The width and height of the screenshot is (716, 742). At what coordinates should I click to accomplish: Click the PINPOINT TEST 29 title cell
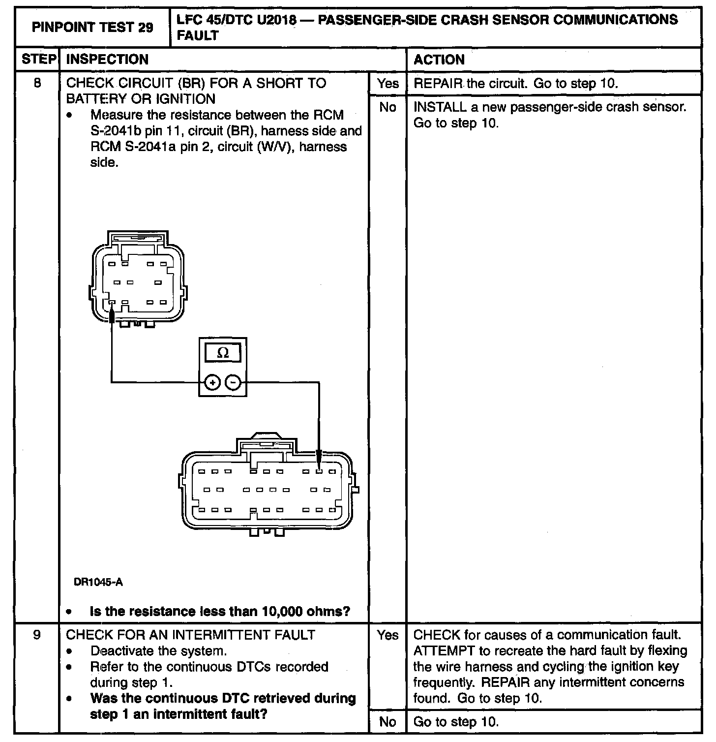click(92, 28)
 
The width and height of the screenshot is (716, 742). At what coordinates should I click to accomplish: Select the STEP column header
click(38, 60)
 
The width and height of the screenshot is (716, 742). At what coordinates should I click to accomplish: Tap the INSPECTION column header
click(107, 60)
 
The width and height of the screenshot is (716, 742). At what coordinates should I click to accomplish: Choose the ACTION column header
click(439, 60)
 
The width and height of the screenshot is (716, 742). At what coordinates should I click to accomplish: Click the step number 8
click(37, 83)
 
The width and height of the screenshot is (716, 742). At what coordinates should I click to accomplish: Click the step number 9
click(37, 635)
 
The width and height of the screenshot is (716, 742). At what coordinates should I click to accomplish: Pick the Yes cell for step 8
click(388, 83)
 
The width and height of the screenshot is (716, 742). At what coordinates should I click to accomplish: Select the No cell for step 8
click(388, 107)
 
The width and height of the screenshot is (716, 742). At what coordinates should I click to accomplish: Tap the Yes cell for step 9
click(388, 635)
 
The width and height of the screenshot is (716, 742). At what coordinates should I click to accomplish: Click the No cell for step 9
click(388, 722)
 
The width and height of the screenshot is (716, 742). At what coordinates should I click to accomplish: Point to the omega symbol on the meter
click(223, 353)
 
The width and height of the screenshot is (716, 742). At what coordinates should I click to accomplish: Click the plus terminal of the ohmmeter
click(212, 382)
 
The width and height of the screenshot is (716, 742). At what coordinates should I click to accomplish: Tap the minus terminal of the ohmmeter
click(233, 382)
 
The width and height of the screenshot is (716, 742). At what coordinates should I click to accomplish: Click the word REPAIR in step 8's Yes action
click(438, 83)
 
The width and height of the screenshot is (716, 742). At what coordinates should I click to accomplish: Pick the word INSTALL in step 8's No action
click(440, 107)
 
